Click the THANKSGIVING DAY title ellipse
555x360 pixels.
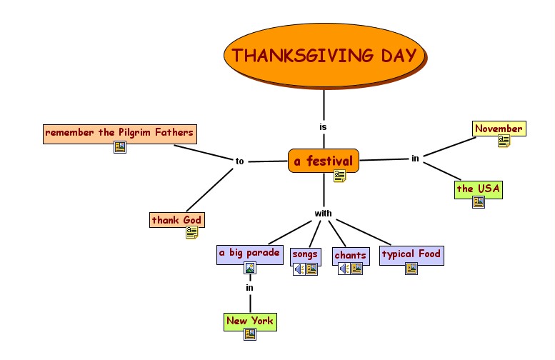[x=324, y=56]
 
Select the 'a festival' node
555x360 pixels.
[x=323, y=161]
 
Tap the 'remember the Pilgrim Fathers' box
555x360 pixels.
[x=119, y=132]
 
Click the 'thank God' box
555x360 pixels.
[x=176, y=220]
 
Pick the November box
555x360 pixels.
[x=499, y=129]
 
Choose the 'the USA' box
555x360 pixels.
[x=479, y=189]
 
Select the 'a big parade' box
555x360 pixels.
[x=249, y=254]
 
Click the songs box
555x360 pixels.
[x=305, y=254]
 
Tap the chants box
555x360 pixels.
[x=350, y=255]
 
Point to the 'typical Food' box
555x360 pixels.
[x=411, y=254]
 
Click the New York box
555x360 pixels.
[x=249, y=321]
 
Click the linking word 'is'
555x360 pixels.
[x=323, y=126]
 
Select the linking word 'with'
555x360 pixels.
[x=323, y=214]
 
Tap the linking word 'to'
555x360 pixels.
[x=239, y=161]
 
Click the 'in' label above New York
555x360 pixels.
[x=249, y=288]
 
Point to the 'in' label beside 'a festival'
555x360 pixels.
[x=415, y=159]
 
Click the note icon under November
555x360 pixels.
[x=504, y=141]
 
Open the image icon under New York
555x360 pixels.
[x=249, y=334]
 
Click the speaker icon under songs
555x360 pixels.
[x=299, y=269]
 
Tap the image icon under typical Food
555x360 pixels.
[x=411, y=269]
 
